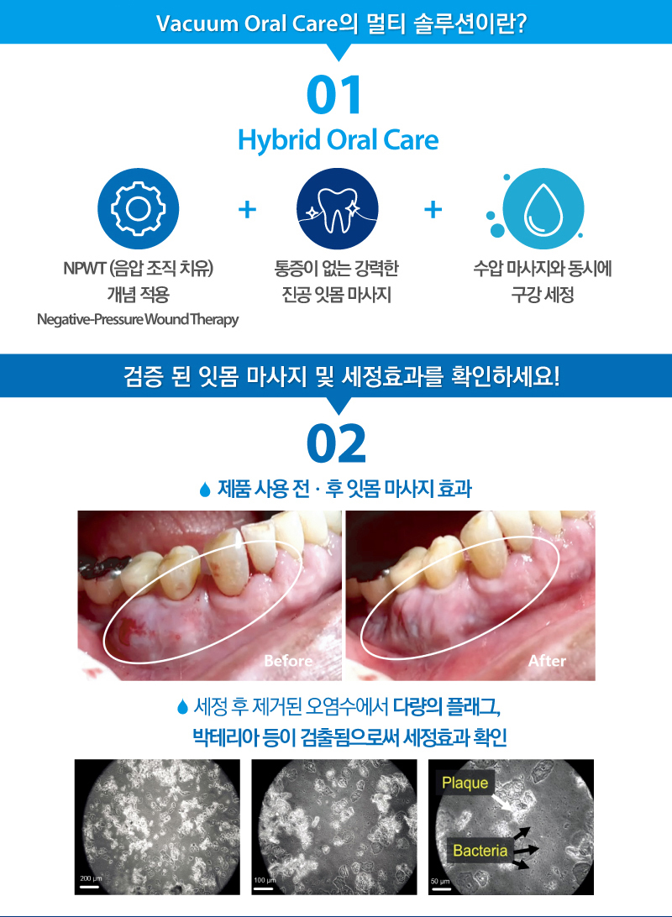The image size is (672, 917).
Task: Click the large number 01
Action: (x=334, y=95)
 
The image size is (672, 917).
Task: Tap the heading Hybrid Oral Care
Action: (x=338, y=140)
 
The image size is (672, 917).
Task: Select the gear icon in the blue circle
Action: (x=138, y=209)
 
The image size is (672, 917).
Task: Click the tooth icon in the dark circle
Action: (x=338, y=209)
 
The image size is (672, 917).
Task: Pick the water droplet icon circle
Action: (x=543, y=209)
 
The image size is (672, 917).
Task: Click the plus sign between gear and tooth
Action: (x=248, y=209)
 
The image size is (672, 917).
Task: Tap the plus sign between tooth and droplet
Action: (x=433, y=209)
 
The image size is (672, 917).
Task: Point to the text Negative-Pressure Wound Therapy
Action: (x=138, y=319)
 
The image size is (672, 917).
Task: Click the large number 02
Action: (x=336, y=444)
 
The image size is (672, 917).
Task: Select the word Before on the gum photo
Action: (x=288, y=661)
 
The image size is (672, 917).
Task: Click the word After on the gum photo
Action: (x=547, y=661)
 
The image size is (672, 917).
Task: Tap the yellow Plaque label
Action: (x=465, y=783)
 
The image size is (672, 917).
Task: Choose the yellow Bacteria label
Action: (x=480, y=850)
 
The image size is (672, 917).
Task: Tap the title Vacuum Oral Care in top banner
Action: (x=248, y=24)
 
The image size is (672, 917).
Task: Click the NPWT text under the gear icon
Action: (x=84, y=269)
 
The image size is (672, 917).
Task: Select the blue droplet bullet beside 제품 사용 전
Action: (x=205, y=490)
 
